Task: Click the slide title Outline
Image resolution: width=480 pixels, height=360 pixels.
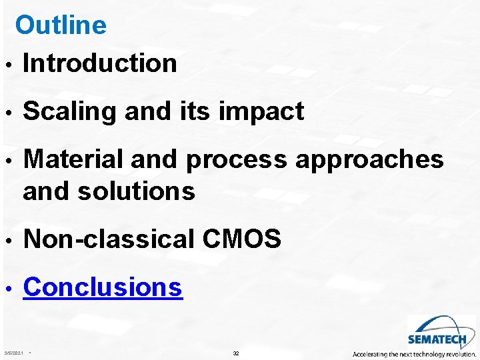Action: (x=61, y=25)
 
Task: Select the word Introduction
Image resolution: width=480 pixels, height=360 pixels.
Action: (x=100, y=63)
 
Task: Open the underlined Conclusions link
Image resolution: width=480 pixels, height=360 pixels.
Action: (x=103, y=287)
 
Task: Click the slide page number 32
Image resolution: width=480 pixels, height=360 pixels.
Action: (x=236, y=353)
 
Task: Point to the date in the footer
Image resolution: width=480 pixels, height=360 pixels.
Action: (x=13, y=353)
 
